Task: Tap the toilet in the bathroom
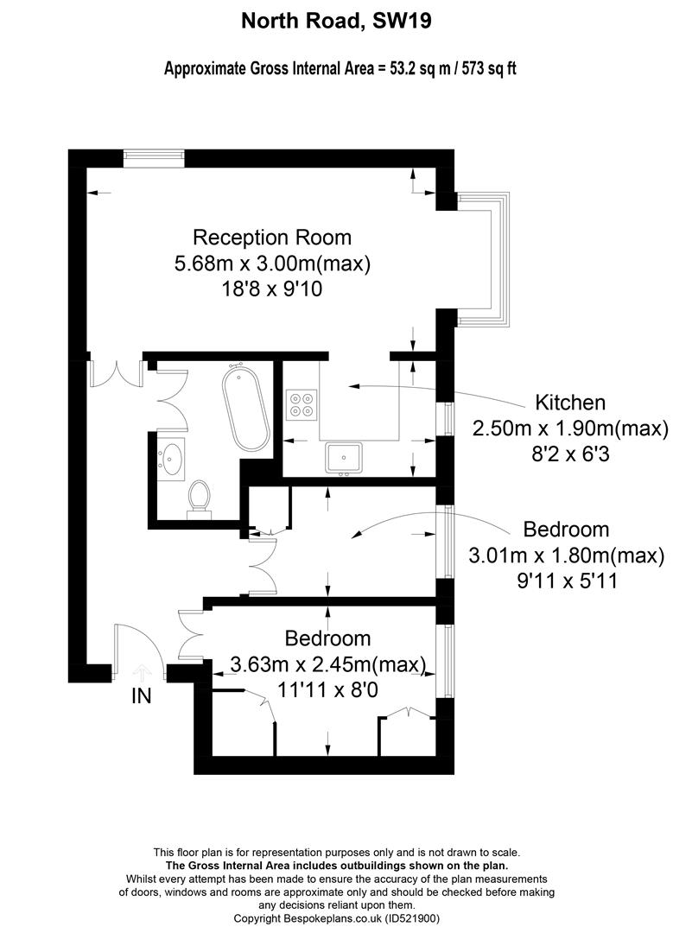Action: (x=198, y=498)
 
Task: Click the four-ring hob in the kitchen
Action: (x=301, y=403)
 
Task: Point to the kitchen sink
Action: (x=343, y=458)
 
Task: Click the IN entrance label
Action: (x=141, y=695)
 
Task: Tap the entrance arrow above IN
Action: (x=142, y=672)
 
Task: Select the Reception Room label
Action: (x=272, y=238)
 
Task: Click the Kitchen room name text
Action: (x=570, y=403)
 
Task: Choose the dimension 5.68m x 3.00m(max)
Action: (x=272, y=263)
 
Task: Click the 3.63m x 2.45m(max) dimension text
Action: (x=328, y=664)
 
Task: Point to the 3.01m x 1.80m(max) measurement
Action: (x=567, y=555)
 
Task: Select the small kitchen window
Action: (x=449, y=419)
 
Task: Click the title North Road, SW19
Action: (x=336, y=22)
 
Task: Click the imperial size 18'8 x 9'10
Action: (x=272, y=289)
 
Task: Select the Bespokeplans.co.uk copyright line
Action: (x=336, y=918)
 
